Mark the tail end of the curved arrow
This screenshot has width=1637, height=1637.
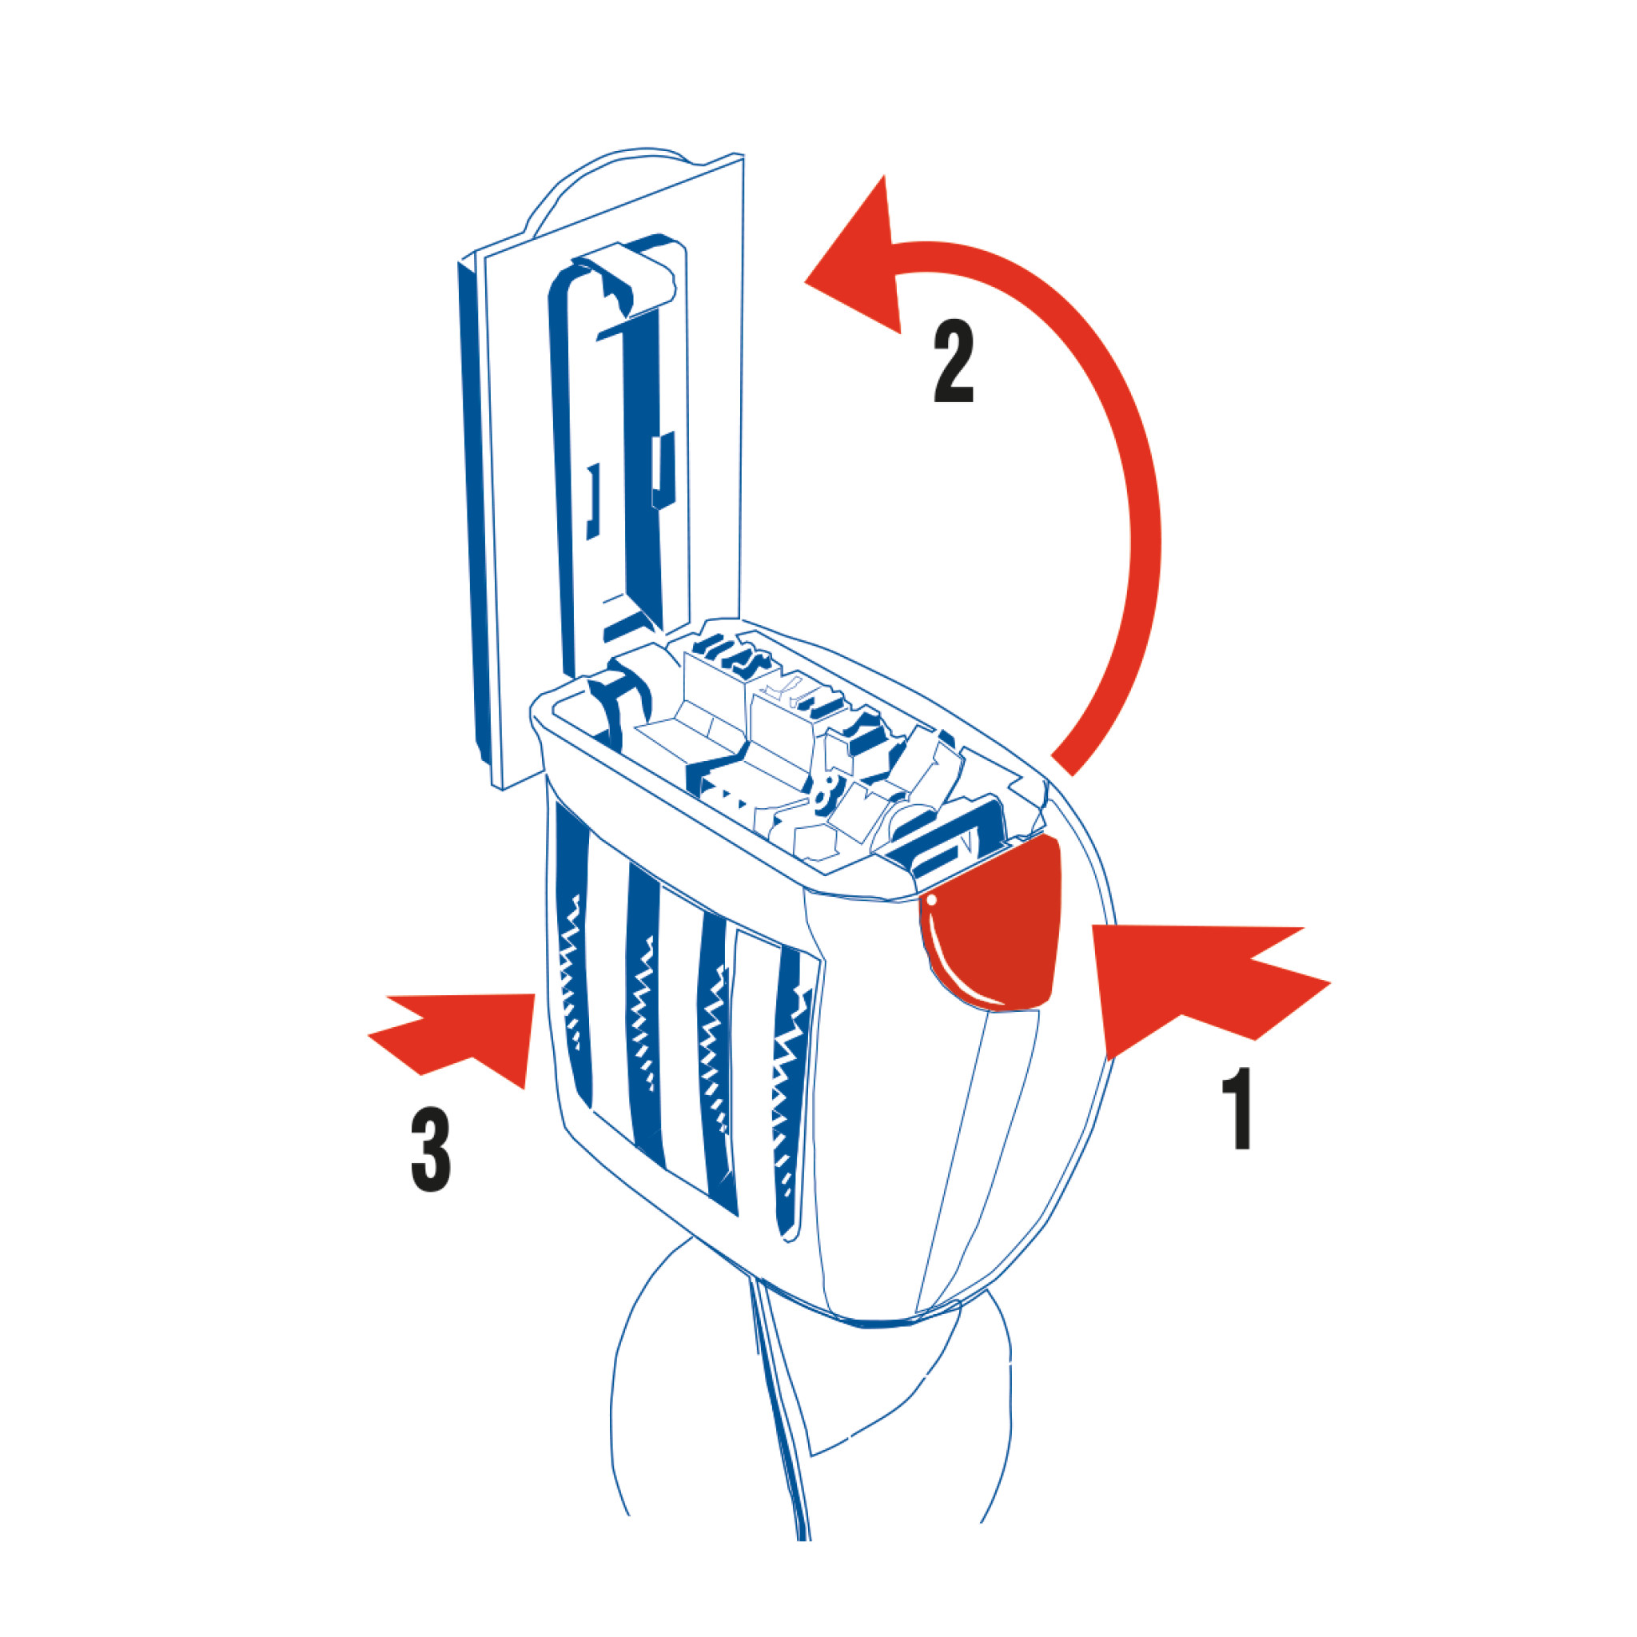point(1061,764)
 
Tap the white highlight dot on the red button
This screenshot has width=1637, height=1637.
point(931,902)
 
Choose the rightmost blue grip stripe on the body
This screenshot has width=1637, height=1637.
point(792,1093)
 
